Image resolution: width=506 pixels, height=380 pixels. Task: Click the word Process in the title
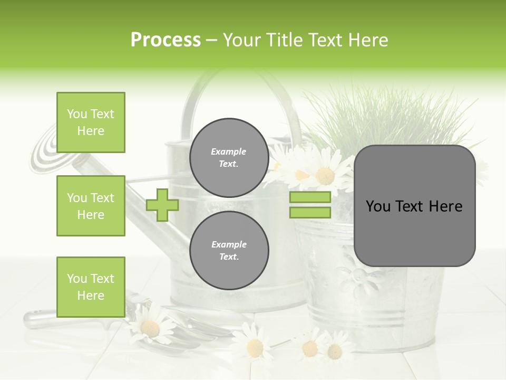point(166,40)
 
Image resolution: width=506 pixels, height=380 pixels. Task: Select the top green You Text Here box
point(91,122)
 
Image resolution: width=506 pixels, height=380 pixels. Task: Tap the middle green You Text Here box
point(91,206)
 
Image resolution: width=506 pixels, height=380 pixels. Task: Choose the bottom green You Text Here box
point(91,287)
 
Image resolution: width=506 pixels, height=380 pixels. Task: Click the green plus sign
point(162,205)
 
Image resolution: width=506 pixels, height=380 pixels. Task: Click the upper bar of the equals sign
point(310,197)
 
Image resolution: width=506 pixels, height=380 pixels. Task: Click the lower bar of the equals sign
point(310,213)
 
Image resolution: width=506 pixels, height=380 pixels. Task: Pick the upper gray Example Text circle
point(229,157)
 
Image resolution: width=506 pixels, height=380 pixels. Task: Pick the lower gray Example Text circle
point(229,250)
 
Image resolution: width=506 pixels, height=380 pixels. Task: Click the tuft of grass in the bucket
point(390,116)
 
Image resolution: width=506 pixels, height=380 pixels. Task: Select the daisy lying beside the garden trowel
point(150,327)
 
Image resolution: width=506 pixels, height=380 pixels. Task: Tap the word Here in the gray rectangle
point(445,206)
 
